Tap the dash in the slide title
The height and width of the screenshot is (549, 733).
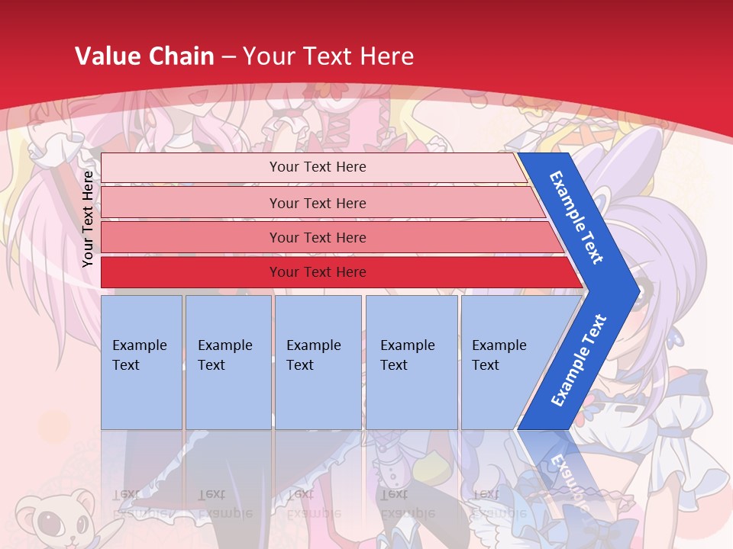tap(228, 57)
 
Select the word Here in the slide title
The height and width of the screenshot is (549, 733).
tap(386, 56)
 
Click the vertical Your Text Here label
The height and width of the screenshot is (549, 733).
tap(88, 219)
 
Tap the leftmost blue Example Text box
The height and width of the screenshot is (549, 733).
tap(141, 361)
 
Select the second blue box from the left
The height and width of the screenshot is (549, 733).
tap(228, 361)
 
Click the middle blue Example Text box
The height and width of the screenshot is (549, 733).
tap(318, 361)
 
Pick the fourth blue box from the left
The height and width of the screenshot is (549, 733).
tap(412, 361)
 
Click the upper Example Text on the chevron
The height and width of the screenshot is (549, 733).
tap(576, 217)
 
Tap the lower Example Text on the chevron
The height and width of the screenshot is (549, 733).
tap(579, 360)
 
